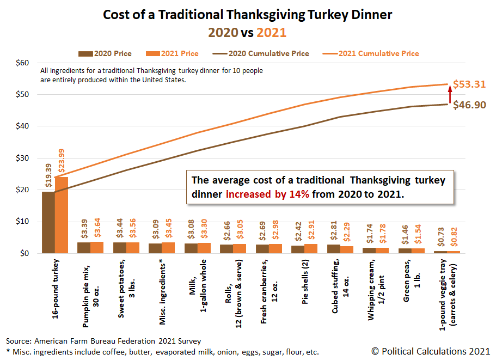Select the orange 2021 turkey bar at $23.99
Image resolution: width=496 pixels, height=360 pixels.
(x=62, y=215)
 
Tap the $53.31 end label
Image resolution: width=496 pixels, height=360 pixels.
(x=469, y=84)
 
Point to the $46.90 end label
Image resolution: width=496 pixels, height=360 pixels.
(x=469, y=105)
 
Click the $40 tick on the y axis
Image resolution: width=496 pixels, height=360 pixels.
(x=21, y=126)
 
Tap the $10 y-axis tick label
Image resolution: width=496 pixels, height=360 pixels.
(x=21, y=222)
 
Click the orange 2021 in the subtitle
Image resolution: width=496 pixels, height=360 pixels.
(x=271, y=33)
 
